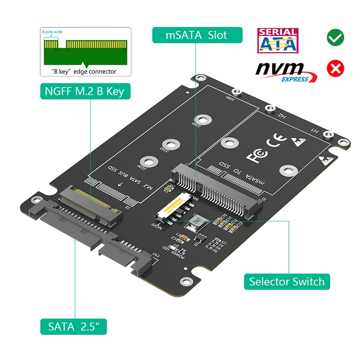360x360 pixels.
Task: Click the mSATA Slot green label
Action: [x=197, y=35]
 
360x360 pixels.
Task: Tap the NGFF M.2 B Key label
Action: [x=84, y=92]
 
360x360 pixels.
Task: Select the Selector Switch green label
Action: [x=287, y=282]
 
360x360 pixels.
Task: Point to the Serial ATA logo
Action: [x=277, y=40]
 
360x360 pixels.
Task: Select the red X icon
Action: [x=336, y=68]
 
